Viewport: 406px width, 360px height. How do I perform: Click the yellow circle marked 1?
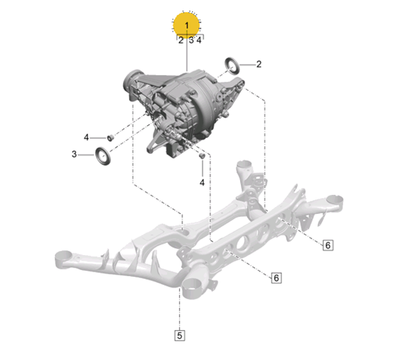[186, 25]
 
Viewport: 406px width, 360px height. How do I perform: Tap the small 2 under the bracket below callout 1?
[181, 40]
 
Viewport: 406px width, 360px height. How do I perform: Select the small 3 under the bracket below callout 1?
[191, 40]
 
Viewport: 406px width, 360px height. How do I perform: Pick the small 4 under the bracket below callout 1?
[199, 40]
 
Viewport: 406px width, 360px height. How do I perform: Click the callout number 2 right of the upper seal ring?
[259, 64]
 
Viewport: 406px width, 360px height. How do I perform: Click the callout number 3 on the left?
[74, 154]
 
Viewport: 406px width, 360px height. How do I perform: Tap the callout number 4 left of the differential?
[86, 137]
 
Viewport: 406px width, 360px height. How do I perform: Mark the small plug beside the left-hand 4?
[110, 138]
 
